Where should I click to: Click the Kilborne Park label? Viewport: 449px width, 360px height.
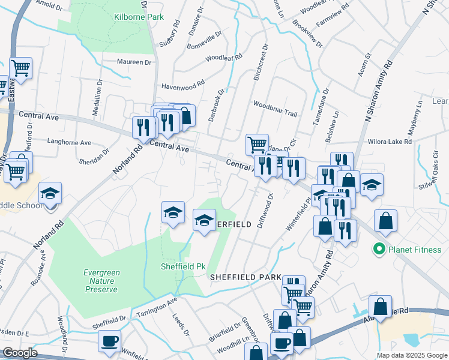[139, 17]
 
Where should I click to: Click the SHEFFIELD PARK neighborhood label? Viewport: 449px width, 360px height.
[246, 277]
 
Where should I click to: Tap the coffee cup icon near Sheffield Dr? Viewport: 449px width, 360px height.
[109, 341]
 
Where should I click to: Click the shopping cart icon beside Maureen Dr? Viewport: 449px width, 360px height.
[21, 68]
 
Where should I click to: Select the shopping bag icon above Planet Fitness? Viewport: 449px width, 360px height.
[385, 220]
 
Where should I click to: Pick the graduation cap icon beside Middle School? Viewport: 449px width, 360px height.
[50, 193]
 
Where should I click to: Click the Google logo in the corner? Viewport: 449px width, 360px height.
[19, 353]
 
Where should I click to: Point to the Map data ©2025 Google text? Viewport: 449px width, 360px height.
[411, 355]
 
